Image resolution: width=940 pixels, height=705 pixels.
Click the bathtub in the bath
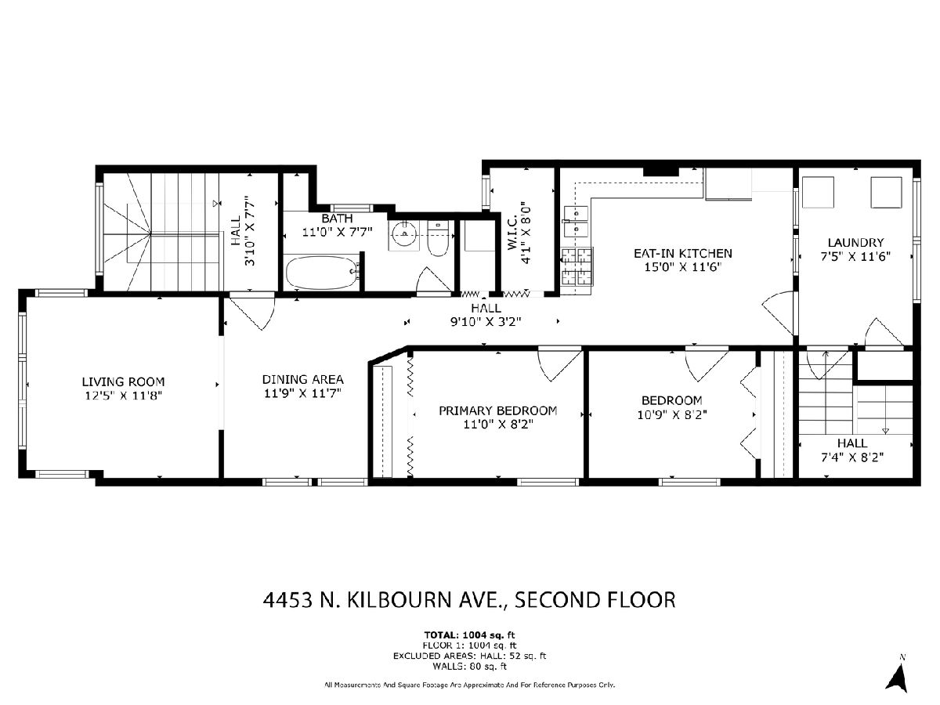click(322, 273)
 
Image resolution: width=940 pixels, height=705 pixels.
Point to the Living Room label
click(123, 381)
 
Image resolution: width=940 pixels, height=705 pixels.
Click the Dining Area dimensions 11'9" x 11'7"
click(302, 393)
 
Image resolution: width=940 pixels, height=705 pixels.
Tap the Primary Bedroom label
click(497, 410)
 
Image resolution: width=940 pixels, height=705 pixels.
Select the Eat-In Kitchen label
click(682, 253)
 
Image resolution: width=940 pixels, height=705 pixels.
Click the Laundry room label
click(855, 243)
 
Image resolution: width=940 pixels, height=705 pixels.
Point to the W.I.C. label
click(512, 233)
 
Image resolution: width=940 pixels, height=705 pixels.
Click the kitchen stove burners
click(577, 266)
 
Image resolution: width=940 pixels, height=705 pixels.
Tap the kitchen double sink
click(577, 222)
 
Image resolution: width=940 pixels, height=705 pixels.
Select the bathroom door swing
click(433, 280)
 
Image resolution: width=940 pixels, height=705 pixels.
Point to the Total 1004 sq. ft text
click(469, 634)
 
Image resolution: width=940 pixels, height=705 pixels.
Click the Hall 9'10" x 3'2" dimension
click(486, 321)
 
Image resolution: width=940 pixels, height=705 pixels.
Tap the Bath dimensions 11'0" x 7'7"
click(337, 233)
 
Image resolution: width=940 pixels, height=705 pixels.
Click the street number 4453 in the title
click(287, 600)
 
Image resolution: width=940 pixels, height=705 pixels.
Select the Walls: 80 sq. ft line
click(469, 667)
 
